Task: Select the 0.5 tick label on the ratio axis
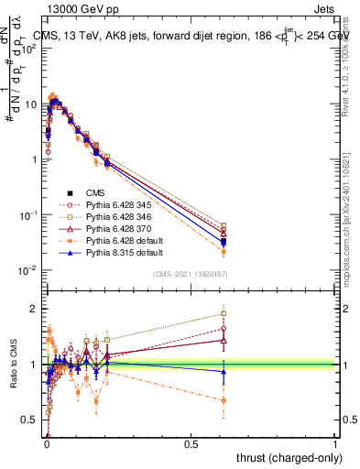tap(31, 420)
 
